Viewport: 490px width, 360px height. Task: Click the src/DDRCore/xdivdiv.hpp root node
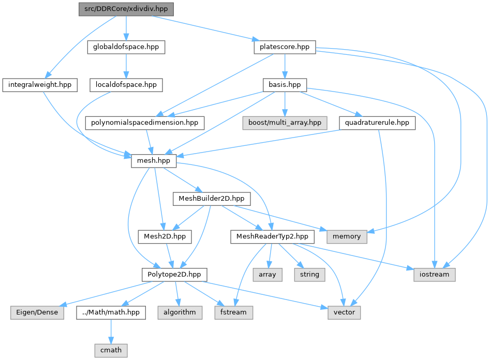126,9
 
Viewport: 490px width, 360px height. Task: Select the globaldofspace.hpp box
126,47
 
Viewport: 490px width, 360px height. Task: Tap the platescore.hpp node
285,47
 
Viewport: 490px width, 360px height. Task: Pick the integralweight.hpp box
40,85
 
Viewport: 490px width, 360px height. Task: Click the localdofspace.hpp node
126,85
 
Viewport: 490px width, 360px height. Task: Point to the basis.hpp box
285,85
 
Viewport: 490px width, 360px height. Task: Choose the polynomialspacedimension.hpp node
145,123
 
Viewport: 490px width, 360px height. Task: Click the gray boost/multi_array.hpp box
285,123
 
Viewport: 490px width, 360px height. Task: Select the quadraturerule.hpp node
377,123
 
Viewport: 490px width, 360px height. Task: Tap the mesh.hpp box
154,161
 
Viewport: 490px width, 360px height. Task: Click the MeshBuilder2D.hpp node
212,199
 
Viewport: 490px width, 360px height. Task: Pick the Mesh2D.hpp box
165,236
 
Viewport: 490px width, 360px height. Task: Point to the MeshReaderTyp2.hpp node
272,236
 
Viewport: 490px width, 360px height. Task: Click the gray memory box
347,236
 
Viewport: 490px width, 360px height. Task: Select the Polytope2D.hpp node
174,275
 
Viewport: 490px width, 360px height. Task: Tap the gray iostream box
434,275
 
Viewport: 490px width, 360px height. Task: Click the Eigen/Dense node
37,312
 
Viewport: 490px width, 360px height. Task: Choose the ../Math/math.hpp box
111,312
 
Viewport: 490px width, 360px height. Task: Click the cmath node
111,351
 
